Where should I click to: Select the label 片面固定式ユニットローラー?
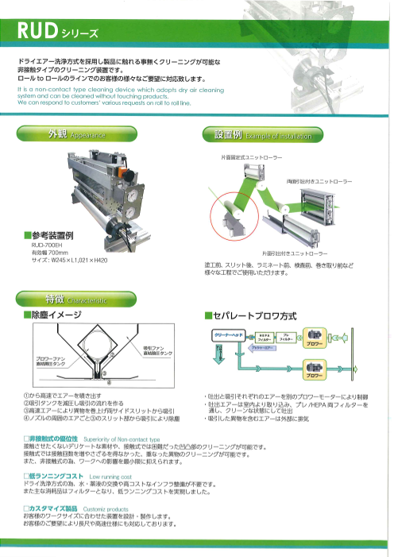tap(252, 158)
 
